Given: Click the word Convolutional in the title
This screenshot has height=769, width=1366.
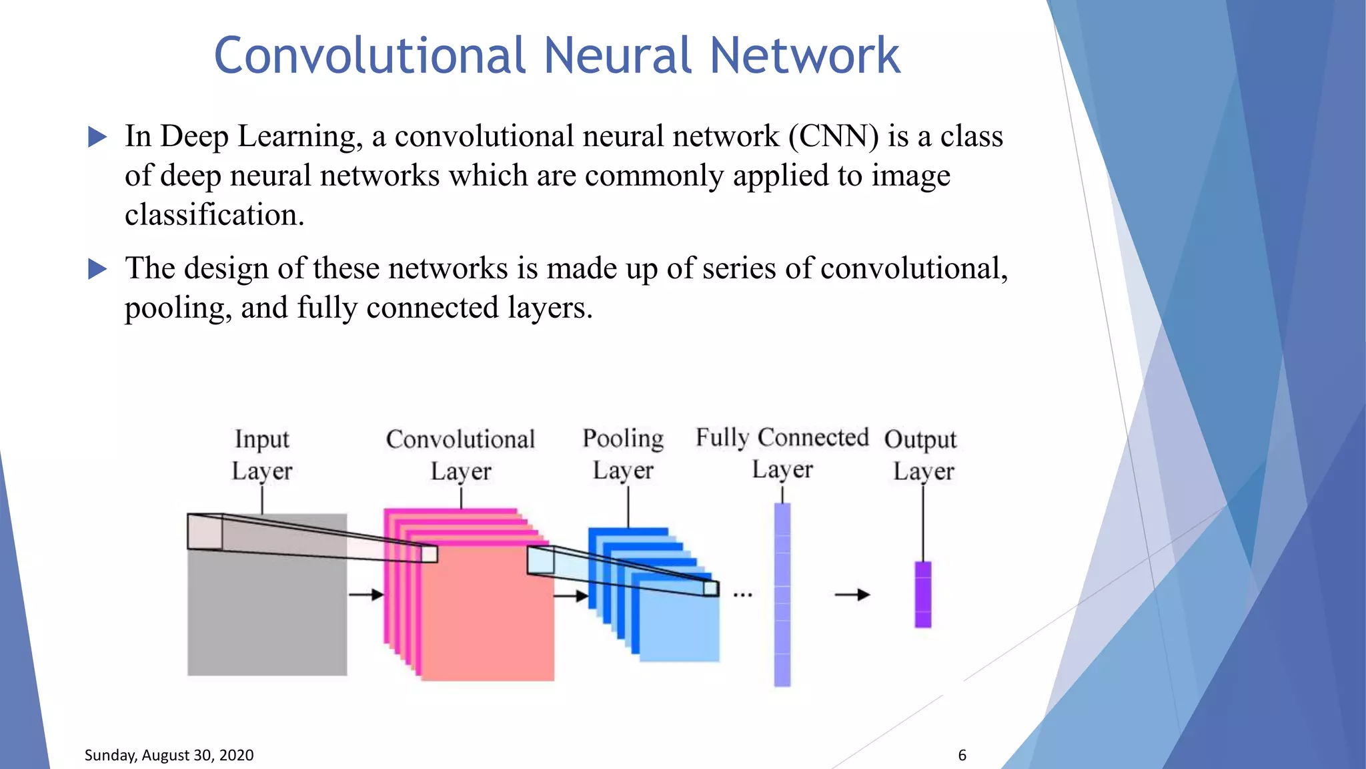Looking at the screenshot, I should [x=370, y=55].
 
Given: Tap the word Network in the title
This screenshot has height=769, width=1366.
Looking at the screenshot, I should [x=804, y=55].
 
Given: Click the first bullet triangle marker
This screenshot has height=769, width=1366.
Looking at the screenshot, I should [x=97, y=138].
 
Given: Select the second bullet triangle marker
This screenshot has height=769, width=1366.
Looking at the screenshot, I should [x=97, y=270].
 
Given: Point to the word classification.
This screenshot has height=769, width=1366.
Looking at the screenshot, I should [x=214, y=215].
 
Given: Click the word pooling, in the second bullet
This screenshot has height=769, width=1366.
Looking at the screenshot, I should [x=177, y=308].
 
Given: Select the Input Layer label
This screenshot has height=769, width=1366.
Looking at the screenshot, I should [x=261, y=455].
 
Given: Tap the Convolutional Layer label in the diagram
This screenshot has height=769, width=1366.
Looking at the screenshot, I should [x=460, y=455].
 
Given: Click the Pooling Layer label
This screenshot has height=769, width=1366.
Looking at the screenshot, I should [x=623, y=454].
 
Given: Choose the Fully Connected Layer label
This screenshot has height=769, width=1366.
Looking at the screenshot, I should [x=782, y=453].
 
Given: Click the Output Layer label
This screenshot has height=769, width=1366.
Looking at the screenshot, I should [x=921, y=455].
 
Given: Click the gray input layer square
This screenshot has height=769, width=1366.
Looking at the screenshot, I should [x=267, y=621].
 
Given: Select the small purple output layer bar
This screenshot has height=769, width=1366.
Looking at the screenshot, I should [x=922, y=594].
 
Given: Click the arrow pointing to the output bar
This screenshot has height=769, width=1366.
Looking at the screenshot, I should [x=852, y=594].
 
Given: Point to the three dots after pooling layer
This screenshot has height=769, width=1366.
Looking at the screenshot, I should [x=742, y=594].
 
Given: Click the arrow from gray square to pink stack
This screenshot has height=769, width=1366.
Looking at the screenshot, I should [x=366, y=594].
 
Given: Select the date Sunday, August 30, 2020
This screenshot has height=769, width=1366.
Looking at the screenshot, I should [x=169, y=755].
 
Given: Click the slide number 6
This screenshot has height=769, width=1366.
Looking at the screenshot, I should [x=962, y=755].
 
